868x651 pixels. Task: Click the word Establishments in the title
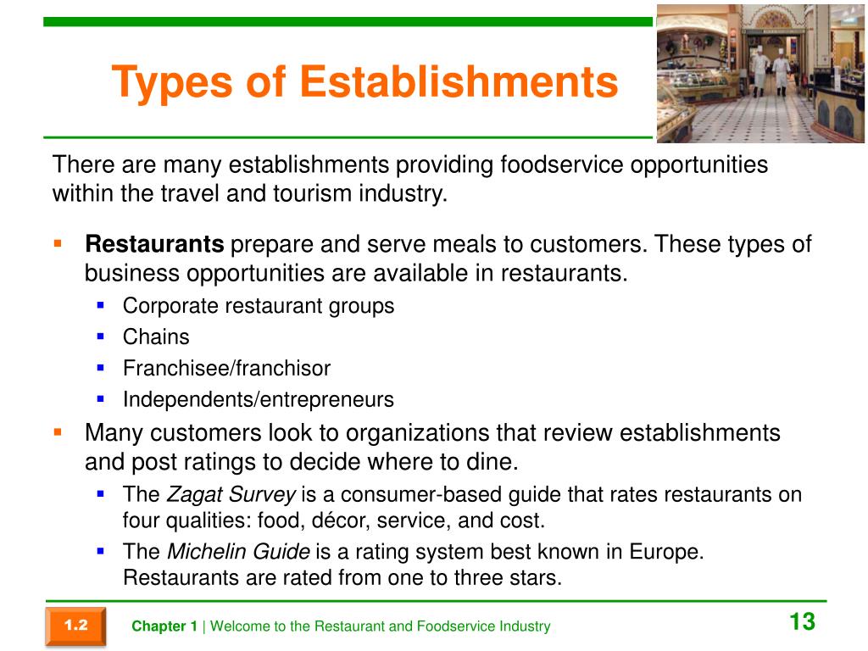(459, 81)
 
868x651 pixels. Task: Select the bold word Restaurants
(154, 244)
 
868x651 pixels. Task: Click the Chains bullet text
(156, 337)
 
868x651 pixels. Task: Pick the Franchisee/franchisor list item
(226, 368)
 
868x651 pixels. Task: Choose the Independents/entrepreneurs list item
(259, 400)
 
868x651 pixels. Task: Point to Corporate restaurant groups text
(259, 306)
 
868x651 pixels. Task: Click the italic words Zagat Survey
(231, 495)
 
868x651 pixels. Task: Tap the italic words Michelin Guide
(238, 551)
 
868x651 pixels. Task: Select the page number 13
(802, 621)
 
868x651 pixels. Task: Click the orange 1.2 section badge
(75, 626)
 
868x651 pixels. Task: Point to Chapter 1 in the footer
(164, 626)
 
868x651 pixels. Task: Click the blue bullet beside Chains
(100, 336)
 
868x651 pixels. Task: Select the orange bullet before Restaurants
(58, 243)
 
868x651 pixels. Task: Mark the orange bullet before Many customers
(58, 431)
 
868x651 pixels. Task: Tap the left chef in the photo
(759, 70)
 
